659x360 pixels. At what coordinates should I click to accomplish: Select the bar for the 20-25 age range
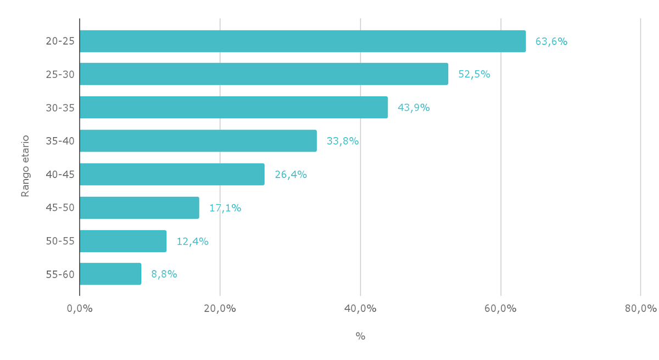coord(302,41)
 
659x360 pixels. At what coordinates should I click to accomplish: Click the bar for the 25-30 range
coord(264,74)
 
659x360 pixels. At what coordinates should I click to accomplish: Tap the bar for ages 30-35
coord(233,108)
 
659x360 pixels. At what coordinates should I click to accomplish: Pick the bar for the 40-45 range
coord(172,175)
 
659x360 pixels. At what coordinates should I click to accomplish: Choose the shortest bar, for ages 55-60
coord(110,274)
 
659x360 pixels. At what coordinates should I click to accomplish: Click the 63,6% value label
coord(551,41)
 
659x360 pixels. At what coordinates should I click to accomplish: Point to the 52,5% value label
coord(474,74)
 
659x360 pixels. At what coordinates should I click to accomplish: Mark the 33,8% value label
coord(343,141)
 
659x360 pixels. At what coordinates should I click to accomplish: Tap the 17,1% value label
coord(225,208)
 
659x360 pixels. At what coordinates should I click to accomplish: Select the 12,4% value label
coord(192,241)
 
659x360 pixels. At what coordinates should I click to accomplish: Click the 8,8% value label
coord(164,274)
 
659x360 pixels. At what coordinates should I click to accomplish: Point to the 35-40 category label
coord(60,141)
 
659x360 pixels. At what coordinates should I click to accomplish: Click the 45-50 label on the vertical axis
coord(60,208)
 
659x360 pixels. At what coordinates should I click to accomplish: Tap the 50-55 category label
coord(60,241)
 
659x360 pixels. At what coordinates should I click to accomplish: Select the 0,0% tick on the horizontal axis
coord(80,308)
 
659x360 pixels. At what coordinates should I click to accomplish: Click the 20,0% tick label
coord(220,308)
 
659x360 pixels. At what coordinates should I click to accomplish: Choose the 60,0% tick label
coord(501,308)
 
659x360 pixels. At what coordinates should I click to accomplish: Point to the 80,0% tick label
coord(641,308)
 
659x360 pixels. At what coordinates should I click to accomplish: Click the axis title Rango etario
coord(25,166)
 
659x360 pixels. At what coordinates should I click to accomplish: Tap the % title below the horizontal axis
coord(360,336)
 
